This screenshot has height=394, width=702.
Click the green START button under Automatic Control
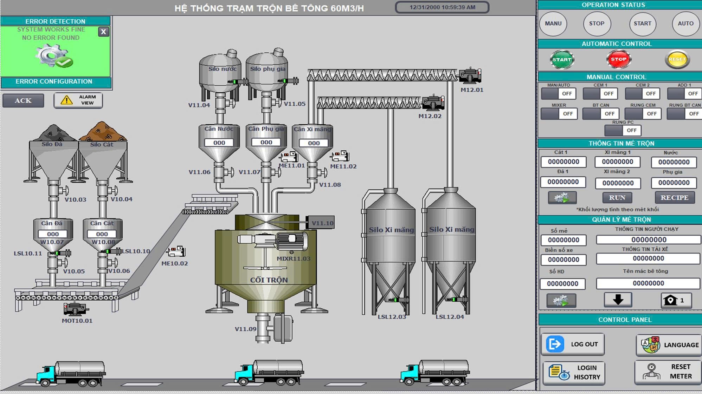pos(562,59)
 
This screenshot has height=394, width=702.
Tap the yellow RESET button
pos(677,59)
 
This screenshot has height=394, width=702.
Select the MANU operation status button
pos(553,24)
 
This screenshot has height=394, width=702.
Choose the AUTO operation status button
pos(685,24)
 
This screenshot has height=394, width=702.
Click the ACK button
pos(23,101)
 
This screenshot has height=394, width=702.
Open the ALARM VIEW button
pos(78,100)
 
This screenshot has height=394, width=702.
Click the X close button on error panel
pos(103,32)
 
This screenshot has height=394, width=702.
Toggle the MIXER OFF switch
pos(559,114)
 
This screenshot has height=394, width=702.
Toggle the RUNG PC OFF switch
pos(623,130)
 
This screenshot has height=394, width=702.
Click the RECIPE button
pos(675,198)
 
